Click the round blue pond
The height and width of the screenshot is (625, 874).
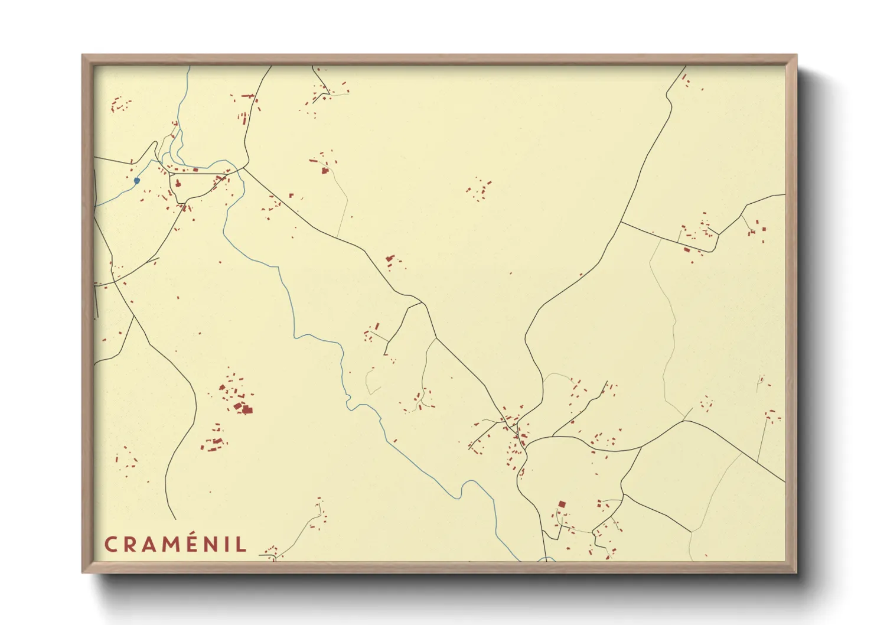[137, 181]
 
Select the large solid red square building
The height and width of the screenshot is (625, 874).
[562, 504]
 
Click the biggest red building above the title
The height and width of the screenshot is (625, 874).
[247, 409]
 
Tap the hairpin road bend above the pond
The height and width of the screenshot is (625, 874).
[155, 144]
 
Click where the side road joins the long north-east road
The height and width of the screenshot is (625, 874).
[621, 222]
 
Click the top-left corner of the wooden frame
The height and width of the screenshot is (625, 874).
[83, 56]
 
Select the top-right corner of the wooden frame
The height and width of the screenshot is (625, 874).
[796, 56]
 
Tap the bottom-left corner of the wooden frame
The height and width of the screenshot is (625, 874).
[83, 572]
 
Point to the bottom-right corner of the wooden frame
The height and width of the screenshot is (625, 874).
[796, 572]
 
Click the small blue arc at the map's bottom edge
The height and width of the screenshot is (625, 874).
[546, 558]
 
